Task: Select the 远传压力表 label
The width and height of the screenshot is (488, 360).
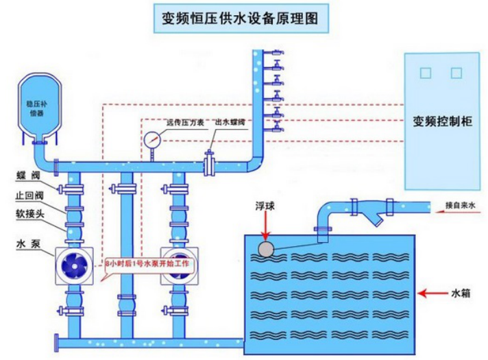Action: [185, 122]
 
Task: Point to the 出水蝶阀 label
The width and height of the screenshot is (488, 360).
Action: [230, 122]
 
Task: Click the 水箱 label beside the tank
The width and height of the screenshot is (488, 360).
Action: [460, 293]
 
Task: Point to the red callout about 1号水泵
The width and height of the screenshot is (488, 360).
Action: [152, 263]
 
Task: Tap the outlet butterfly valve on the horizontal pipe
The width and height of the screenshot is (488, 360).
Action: [210, 163]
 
